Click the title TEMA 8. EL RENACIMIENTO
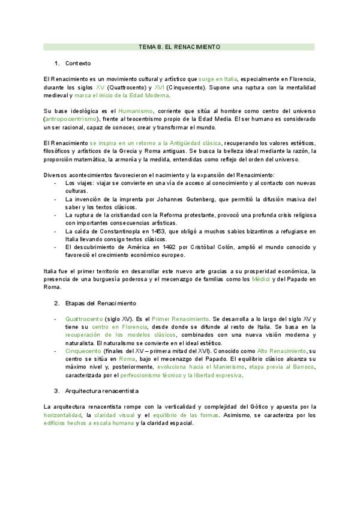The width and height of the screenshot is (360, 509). click(x=179, y=46)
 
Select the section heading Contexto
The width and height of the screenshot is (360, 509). click(x=78, y=63)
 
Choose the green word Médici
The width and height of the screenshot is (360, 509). click(x=260, y=279)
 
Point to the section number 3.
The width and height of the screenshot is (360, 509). click(x=56, y=390)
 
